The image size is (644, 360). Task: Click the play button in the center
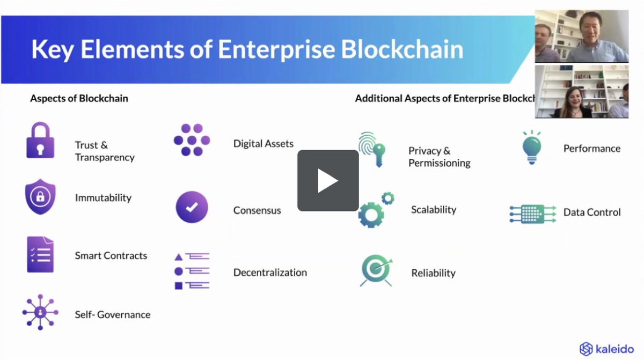pos(328,180)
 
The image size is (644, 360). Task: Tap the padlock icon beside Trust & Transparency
pos(40,141)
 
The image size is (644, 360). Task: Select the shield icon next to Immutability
pos(40,197)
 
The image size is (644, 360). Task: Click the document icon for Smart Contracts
pos(40,254)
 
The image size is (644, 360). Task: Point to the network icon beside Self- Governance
pos(40,312)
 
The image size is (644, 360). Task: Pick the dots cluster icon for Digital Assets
pos(192,140)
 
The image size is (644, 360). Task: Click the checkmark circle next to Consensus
pos(192,207)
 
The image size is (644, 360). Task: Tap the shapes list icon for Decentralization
pos(192,271)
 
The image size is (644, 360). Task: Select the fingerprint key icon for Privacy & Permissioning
pos(372,150)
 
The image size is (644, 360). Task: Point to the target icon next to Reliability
pos(376,270)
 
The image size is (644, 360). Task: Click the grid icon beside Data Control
pos(532,213)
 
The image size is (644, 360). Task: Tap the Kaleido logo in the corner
pos(607,349)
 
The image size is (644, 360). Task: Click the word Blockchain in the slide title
pos(402,49)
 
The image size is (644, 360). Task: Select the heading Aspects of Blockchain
pos(79,99)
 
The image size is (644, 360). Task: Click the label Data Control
pos(592,212)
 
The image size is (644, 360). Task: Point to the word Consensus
pos(257,210)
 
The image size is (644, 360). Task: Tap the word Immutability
pos(103,197)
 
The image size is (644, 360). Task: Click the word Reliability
pos(433,273)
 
